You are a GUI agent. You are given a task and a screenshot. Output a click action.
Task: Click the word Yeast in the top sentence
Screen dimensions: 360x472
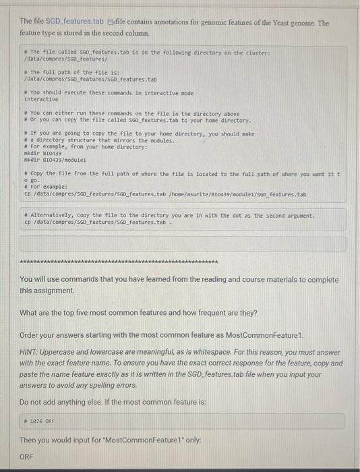click(271, 22)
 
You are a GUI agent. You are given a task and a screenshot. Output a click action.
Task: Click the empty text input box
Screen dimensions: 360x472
click(180, 242)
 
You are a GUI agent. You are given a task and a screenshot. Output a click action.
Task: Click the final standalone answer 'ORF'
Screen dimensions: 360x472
click(27, 456)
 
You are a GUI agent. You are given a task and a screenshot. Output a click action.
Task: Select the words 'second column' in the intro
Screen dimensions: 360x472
click(125, 32)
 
